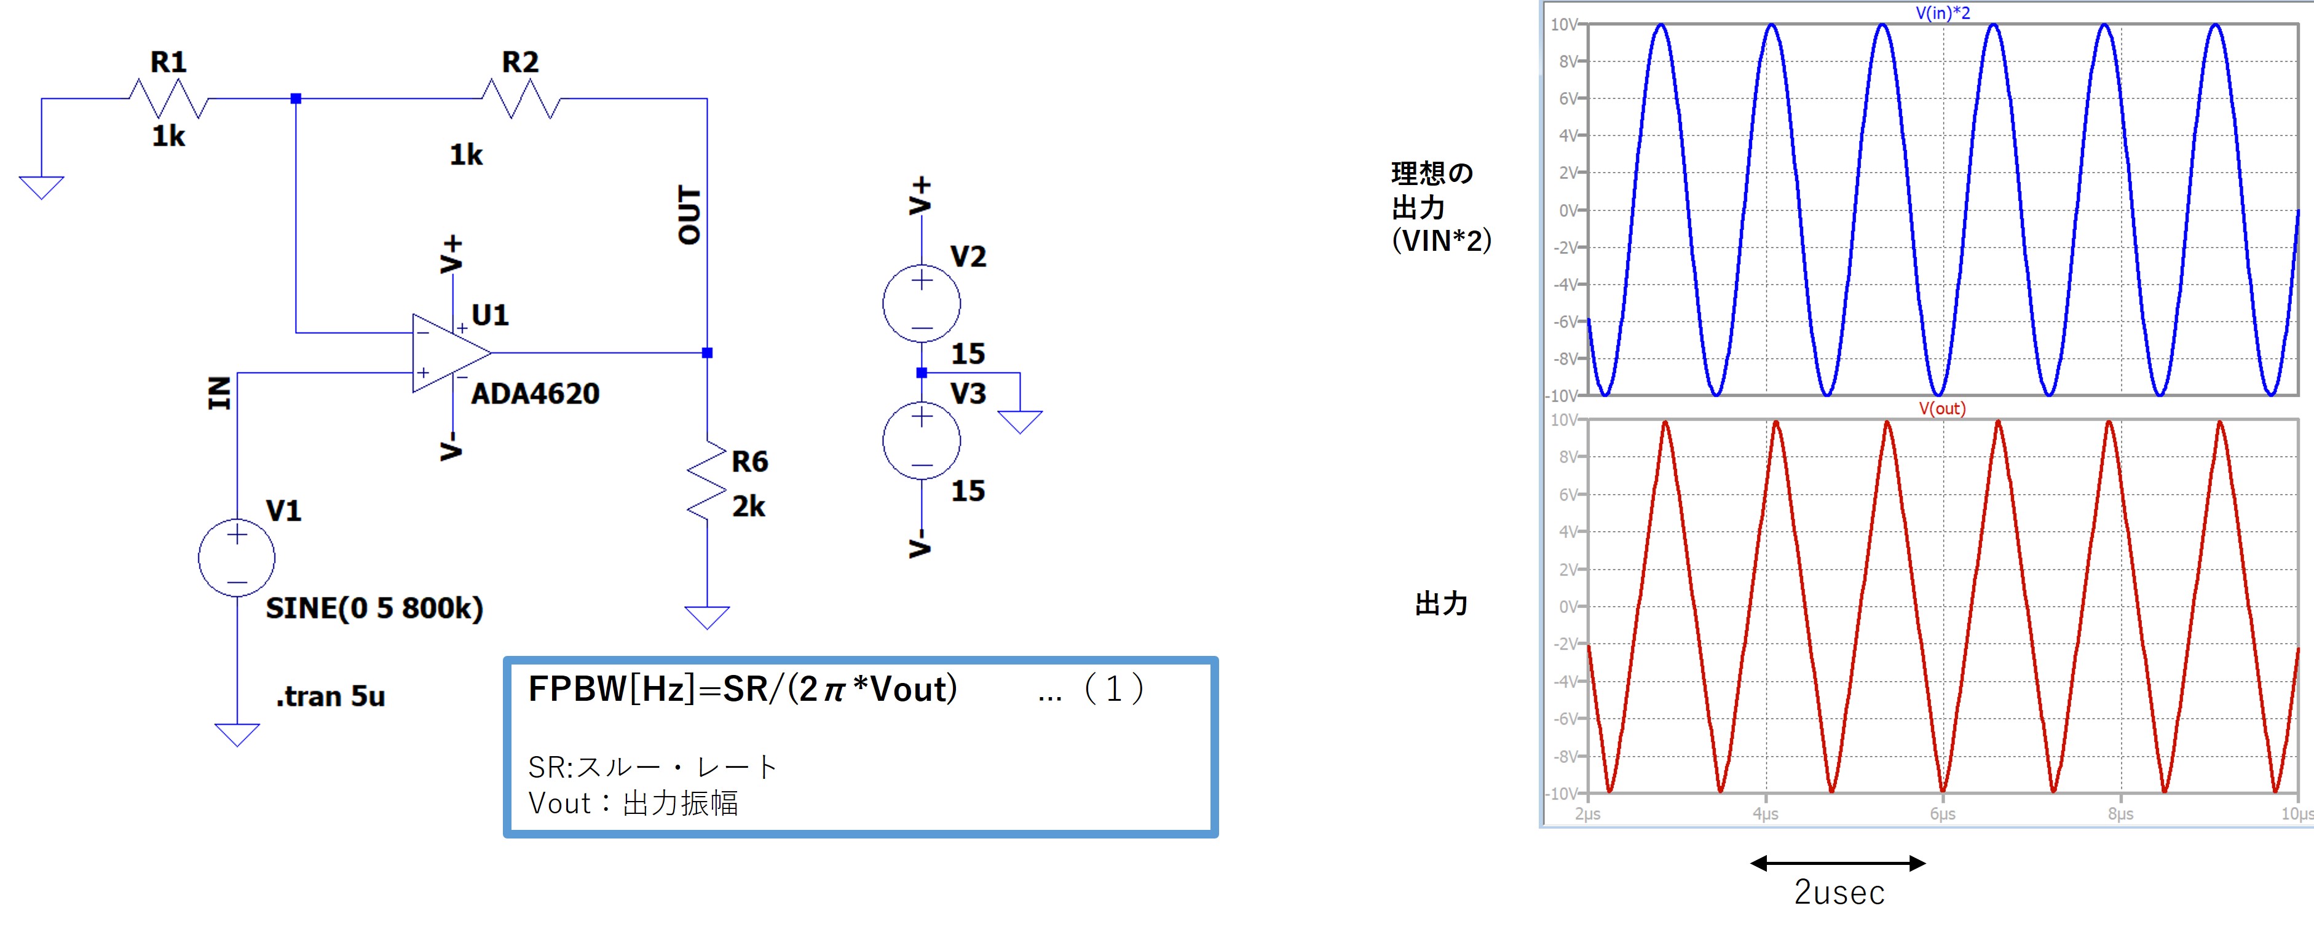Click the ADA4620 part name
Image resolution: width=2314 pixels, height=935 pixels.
point(534,393)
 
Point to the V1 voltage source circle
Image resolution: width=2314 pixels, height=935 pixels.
point(236,558)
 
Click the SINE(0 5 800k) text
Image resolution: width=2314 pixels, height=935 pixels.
point(374,608)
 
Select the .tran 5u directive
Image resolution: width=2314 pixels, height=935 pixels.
point(331,696)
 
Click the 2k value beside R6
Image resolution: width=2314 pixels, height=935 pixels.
point(748,507)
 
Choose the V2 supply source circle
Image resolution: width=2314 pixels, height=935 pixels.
point(921,304)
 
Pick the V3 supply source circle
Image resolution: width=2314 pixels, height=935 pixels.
point(921,441)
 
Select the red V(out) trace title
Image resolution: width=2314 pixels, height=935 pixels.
point(1942,409)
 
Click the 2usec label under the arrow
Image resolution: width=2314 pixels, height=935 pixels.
point(1839,892)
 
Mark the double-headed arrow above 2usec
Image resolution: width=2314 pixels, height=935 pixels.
point(1838,863)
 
